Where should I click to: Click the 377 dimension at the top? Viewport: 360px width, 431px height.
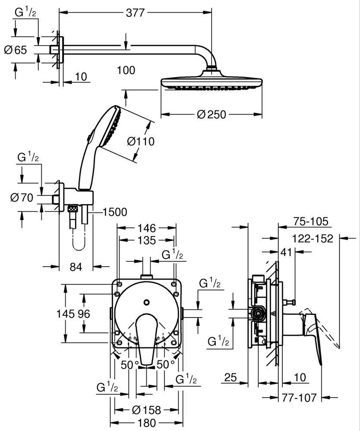tap(135, 13)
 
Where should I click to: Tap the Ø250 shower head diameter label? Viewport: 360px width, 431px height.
tap(212, 115)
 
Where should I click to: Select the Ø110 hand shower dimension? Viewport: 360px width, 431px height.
tap(141, 141)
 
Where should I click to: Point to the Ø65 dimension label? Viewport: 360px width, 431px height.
tap(15, 50)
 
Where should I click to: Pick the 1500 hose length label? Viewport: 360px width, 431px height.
tap(115, 212)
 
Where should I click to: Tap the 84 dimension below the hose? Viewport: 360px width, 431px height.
tap(76, 267)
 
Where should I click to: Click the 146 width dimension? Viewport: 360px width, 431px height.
tap(147, 227)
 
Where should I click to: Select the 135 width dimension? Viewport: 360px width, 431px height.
tap(147, 239)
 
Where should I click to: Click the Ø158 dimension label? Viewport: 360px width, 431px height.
tap(147, 410)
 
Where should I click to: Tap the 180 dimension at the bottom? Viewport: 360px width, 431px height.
tap(147, 423)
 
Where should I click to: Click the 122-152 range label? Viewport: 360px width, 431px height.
tap(313, 238)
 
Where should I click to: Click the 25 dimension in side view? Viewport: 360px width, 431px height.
tap(231, 378)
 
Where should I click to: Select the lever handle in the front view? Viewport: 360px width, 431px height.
tap(146, 339)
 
